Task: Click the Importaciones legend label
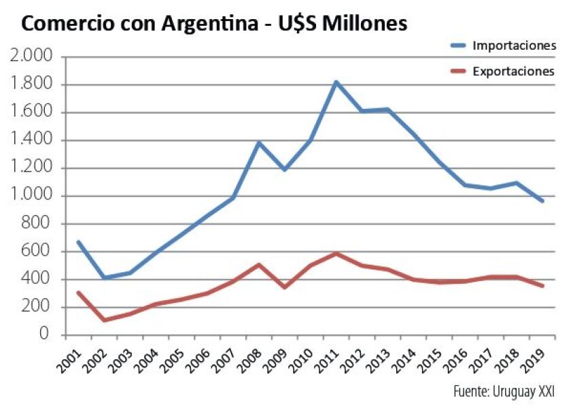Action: tap(514, 46)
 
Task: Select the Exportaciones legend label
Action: tap(514, 71)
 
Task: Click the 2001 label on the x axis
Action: tap(70, 361)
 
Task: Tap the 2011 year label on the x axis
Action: tap(325, 361)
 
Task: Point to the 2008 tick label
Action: tap(249, 361)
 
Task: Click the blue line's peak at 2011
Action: tap(336, 82)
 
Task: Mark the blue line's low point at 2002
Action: tap(104, 278)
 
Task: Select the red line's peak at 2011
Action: tap(336, 254)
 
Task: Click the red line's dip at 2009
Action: tap(284, 287)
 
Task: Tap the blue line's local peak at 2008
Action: tap(258, 143)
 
